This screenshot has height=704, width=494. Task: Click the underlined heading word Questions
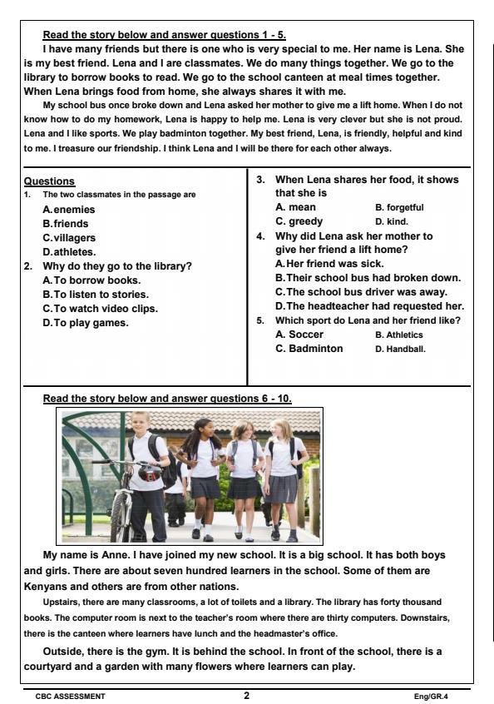click(50, 181)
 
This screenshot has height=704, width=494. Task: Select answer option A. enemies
click(69, 210)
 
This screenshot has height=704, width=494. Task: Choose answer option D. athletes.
click(69, 251)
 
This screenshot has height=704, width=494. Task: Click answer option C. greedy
click(299, 221)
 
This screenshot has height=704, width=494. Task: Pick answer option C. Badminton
click(309, 349)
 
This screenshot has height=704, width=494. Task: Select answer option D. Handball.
click(400, 349)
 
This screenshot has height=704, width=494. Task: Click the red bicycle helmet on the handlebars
click(149, 474)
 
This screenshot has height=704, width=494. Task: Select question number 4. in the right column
click(259, 235)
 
